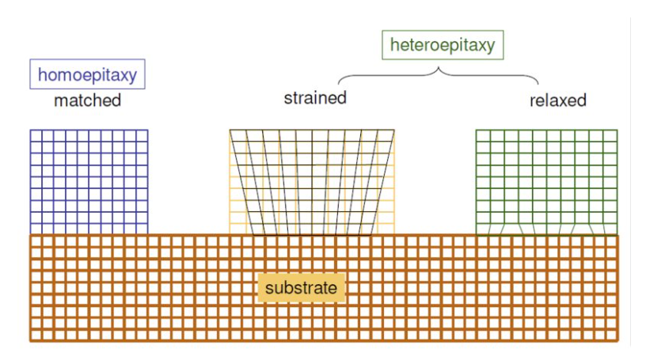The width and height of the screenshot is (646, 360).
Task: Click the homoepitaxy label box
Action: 87,74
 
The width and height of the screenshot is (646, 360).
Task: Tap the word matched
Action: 87,100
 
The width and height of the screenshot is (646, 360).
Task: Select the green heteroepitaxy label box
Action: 442,45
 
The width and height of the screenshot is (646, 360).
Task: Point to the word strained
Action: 315,98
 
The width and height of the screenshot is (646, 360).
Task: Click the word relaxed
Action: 557,100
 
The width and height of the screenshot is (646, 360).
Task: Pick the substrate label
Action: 301,287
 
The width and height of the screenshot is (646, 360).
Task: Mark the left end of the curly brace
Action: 340,84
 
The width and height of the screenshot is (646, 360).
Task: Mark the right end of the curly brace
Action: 538,84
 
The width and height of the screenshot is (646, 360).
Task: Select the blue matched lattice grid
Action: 89,181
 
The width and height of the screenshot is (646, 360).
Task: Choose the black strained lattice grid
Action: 312,181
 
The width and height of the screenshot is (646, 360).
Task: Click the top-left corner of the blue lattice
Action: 31,130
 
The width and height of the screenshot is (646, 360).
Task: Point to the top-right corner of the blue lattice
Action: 148,130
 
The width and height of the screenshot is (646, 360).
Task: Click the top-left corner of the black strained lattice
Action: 230,130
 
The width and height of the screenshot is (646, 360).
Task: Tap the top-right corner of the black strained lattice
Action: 394,130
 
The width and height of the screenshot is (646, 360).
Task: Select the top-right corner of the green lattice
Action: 617,130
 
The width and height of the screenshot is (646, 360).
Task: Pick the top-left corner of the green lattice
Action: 476,130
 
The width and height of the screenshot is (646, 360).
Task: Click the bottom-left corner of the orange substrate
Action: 31,341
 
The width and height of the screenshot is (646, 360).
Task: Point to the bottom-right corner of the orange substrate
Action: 618,341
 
